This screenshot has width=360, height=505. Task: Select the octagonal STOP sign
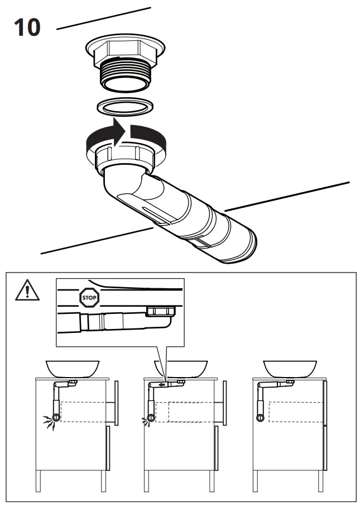coord(90,298)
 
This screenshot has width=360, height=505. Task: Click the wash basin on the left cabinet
coord(72,368)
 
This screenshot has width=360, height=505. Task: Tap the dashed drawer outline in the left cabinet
coord(84,412)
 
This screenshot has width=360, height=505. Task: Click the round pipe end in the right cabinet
coord(260,418)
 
